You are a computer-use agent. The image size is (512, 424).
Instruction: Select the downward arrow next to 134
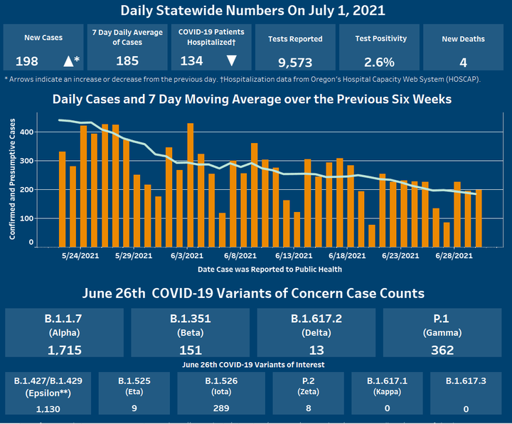pyautogui.click(x=231, y=60)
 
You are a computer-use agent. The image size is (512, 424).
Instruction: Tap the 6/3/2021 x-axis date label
pyautogui.click(x=187, y=255)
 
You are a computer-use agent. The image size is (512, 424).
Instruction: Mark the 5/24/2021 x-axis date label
pyautogui.click(x=80, y=255)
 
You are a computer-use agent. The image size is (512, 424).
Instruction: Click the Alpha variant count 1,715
pyautogui.click(x=66, y=349)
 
